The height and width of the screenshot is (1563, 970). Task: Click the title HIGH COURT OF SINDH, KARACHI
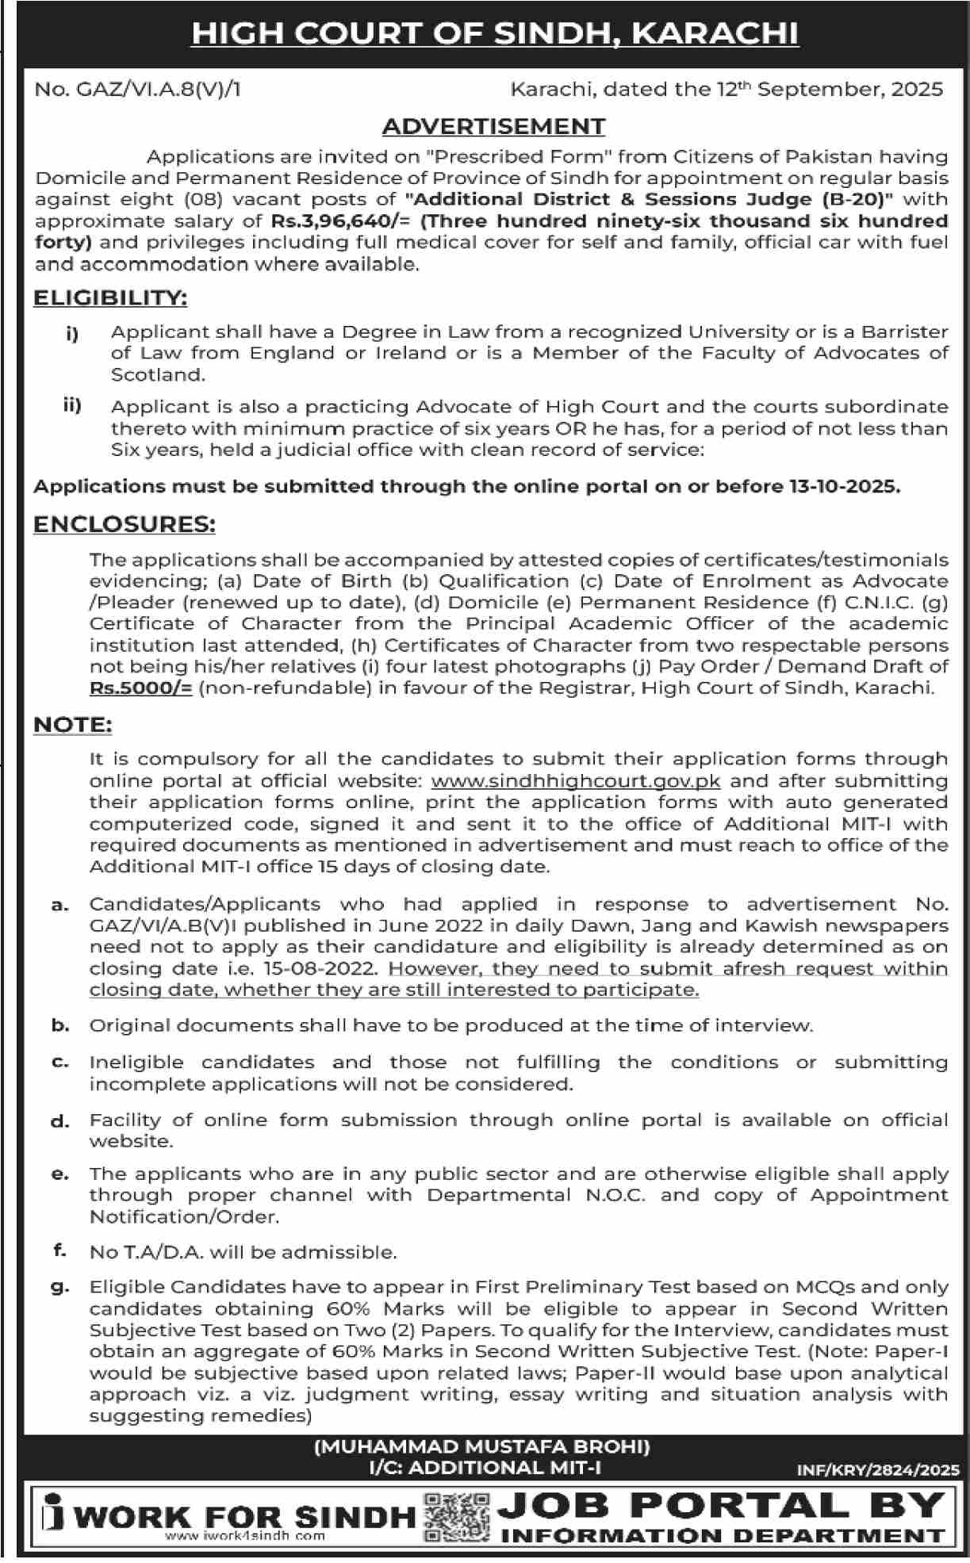point(495,33)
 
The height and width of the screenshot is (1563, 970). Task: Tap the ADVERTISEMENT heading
point(493,126)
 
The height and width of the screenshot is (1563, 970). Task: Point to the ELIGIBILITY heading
point(110,298)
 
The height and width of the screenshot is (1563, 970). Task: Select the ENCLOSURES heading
point(124,525)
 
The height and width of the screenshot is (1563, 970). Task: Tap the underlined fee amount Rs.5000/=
point(141,688)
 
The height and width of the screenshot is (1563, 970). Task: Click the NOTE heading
point(72,725)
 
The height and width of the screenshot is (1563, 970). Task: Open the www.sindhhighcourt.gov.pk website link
point(575,781)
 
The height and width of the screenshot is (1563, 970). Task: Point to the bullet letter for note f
point(59,1251)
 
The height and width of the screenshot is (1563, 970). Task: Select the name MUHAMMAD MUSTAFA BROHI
point(482,1447)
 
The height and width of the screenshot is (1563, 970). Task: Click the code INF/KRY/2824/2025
point(878,1470)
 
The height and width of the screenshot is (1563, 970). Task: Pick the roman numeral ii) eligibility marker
point(72,405)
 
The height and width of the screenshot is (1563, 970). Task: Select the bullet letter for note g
point(59,1287)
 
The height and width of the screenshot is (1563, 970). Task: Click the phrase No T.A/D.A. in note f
point(147,1252)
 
